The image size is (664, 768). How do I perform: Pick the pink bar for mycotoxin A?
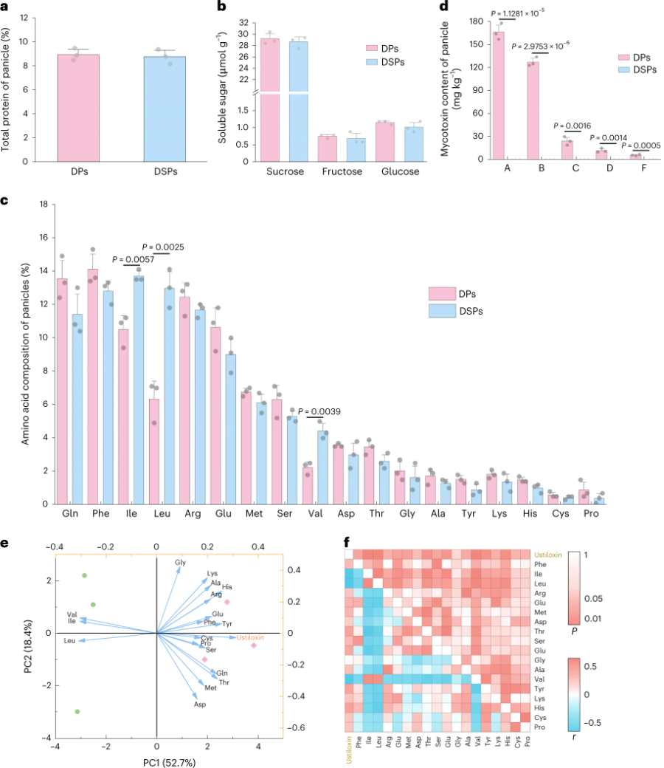499,96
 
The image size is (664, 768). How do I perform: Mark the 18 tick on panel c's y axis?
43,204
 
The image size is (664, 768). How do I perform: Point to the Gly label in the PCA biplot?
180,563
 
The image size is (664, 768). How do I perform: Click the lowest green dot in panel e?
77,712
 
